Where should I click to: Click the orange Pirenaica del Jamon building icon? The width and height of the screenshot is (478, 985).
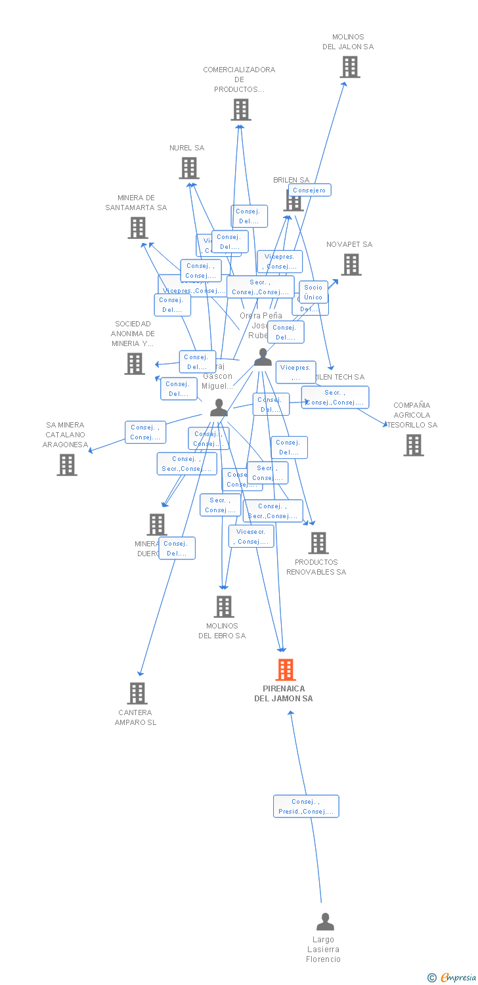pyautogui.click(x=285, y=670)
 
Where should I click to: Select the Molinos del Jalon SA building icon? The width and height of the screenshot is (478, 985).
pyautogui.click(x=350, y=67)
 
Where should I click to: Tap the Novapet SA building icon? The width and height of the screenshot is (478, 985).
pyautogui.click(x=351, y=265)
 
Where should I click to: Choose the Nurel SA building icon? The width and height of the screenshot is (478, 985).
pyautogui.click(x=189, y=168)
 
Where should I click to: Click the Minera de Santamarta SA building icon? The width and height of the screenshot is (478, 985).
pyautogui.click(x=137, y=228)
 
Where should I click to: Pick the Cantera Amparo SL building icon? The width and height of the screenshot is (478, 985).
pyautogui.click(x=137, y=693)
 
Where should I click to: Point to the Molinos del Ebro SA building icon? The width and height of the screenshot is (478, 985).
pyautogui.click(x=223, y=607)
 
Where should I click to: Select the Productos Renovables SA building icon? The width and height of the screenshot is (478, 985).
pyautogui.click(x=318, y=543)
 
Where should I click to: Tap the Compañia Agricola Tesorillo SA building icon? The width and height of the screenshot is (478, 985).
pyautogui.click(x=413, y=445)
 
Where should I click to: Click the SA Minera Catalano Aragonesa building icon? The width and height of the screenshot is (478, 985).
pyautogui.click(x=66, y=465)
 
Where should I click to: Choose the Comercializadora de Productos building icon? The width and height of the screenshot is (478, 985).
pyautogui.click(x=241, y=110)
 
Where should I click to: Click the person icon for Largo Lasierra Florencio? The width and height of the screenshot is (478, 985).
pyautogui.click(x=325, y=923)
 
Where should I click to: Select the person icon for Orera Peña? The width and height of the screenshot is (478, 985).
pyautogui.click(x=263, y=357)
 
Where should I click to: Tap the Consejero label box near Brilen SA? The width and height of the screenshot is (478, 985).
pyautogui.click(x=309, y=190)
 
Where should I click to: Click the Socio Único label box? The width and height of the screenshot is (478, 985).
pyautogui.click(x=313, y=292)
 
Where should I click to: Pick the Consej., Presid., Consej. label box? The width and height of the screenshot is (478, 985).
pyautogui.click(x=306, y=806)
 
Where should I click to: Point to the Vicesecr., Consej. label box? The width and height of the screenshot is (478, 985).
pyautogui.click(x=251, y=536)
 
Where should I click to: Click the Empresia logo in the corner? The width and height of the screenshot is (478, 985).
pyautogui.click(x=452, y=978)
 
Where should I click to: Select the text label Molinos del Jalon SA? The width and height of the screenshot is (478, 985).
pyautogui.click(x=348, y=42)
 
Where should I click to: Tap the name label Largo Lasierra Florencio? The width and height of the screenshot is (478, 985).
pyautogui.click(x=324, y=950)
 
